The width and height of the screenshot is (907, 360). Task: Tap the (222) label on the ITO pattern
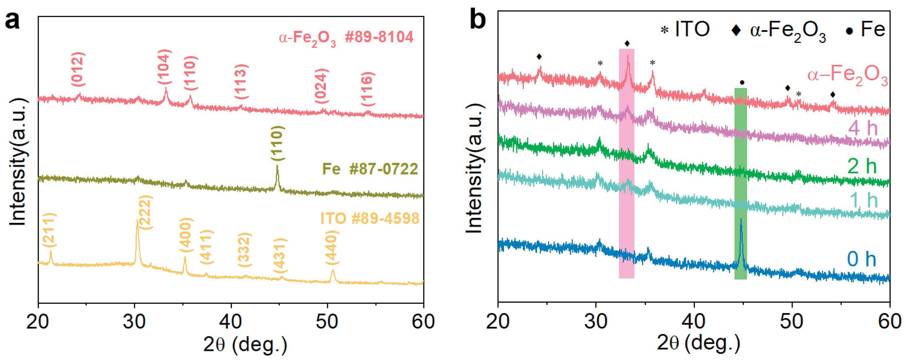[x=145, y=212]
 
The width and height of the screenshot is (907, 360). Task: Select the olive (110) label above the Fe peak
[x=277, y=143]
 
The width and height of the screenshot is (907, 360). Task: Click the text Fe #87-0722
[x=370, y=169]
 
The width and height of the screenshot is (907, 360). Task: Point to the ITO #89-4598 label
[x=370, y=218]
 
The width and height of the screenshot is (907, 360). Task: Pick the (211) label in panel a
[x=49, y=230]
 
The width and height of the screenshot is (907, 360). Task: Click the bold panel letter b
[x=477, y=20]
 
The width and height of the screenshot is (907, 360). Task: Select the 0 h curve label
[x=861, y=259]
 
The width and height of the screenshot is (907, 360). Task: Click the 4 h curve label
[x=863, y=128]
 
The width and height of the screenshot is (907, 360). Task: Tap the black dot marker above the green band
[x=742, y=83]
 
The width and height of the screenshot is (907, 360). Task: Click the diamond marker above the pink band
[x=627, y=44]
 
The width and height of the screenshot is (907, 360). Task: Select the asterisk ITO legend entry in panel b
[x=685, y=30]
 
